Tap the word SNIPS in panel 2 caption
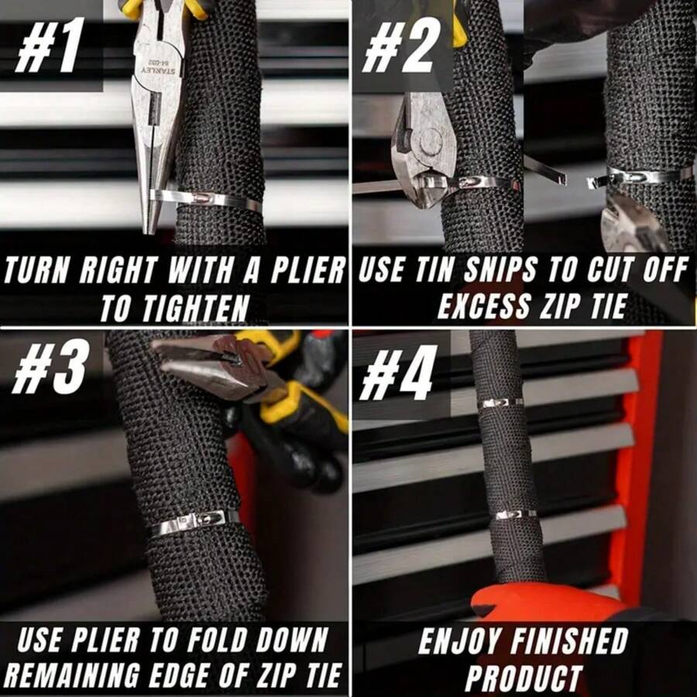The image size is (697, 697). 499,271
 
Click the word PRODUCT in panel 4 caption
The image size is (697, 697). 524,677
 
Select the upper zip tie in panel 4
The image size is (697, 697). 500,403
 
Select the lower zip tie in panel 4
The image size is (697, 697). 514,513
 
